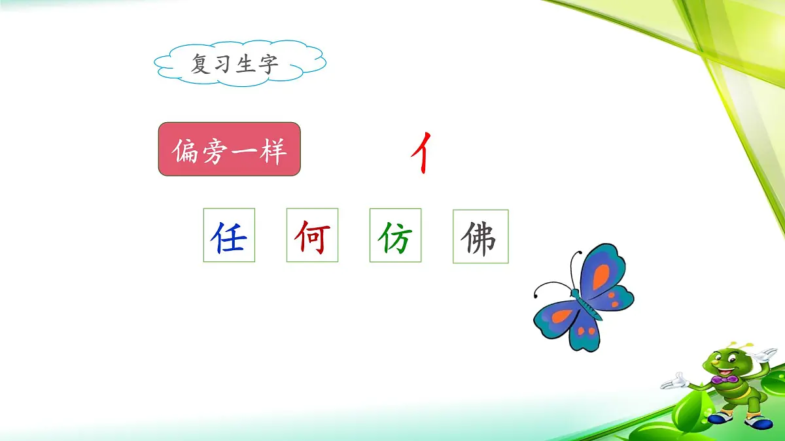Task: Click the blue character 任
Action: click(x=228, y=237)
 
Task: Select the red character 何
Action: click(x=311, y=237)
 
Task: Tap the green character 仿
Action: click(x=395, y=237)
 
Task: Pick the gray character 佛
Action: click(x=480, y=237)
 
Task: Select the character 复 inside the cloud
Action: click(x=201, y=64)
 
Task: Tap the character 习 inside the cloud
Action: click(x=224, y=64)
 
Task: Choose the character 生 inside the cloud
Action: click(x=246, y=64)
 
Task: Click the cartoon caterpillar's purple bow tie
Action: click(x=724, y=380)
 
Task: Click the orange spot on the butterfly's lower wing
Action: click(x=561, y=317)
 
